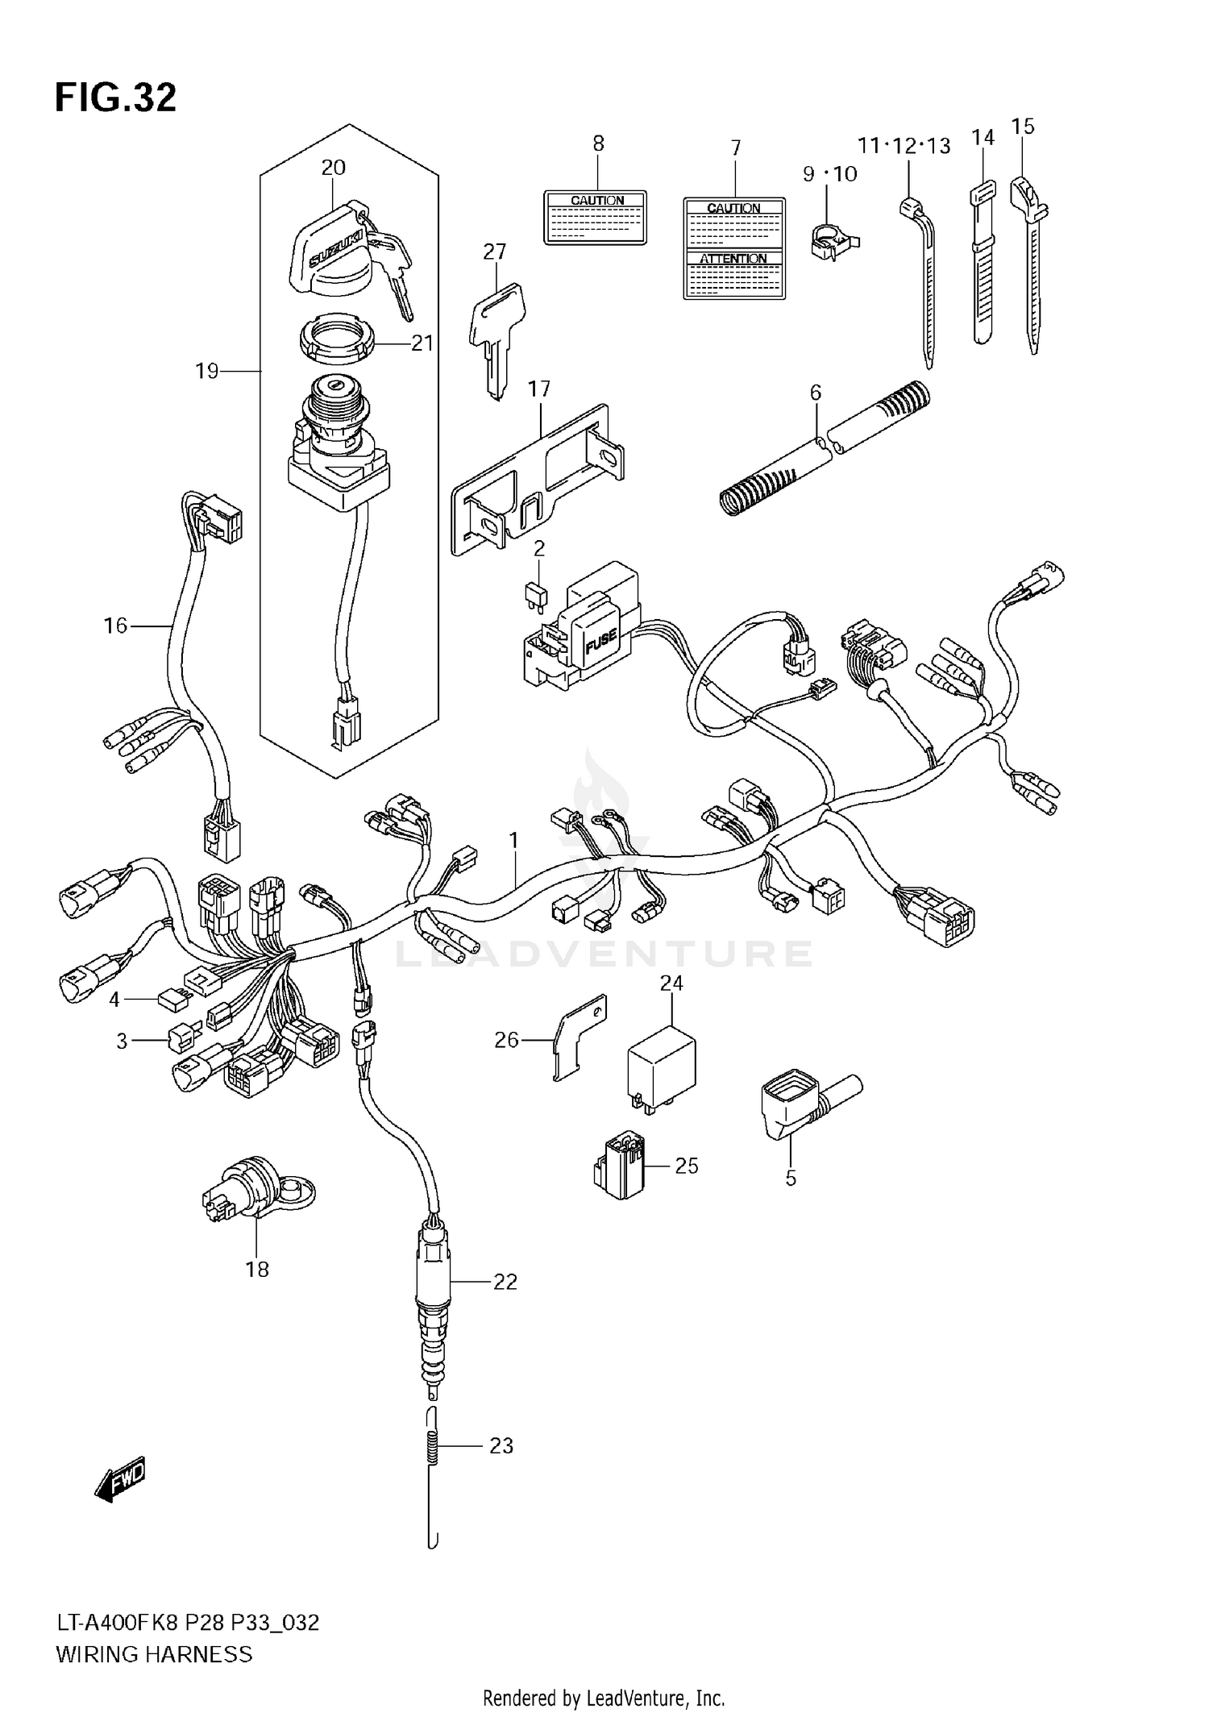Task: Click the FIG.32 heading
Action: tap(115, 98)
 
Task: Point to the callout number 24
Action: tap(671, 983)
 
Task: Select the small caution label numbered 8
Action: tap(597, 217)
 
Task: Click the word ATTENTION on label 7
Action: tap(733, 259)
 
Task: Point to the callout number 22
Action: tap(505, 1282)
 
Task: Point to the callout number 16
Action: tap(115, 625)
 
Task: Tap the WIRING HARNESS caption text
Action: tap(154, 1654)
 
